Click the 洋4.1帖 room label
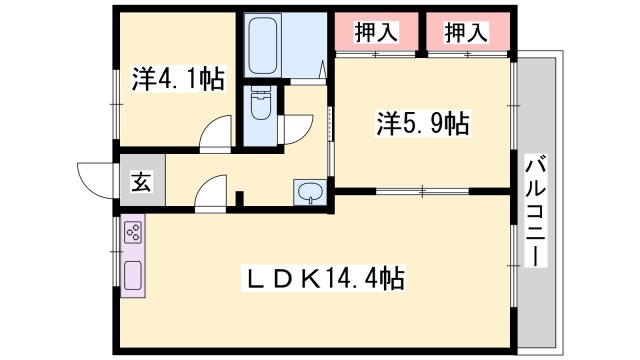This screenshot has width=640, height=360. click(177, 79)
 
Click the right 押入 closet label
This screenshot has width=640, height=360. click(466, 32)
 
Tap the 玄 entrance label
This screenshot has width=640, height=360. click(142, 183)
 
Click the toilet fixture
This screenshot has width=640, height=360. click(261, 105)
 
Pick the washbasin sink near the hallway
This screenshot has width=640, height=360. click(308, 192)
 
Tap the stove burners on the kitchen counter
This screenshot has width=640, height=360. click(133, 235)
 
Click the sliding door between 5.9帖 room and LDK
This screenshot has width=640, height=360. click(422, 190)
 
